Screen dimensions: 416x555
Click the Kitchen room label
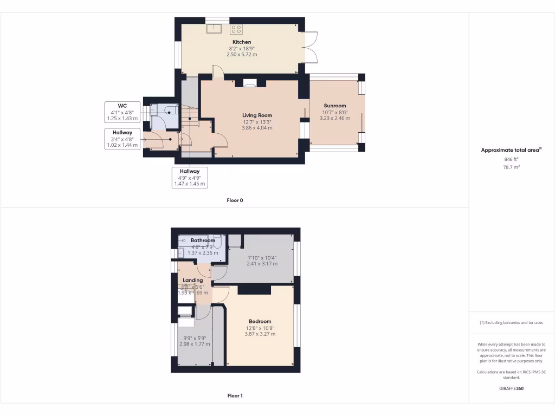[242, 42]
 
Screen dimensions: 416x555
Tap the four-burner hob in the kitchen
[236, 29]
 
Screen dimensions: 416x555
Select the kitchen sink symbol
[214, 29]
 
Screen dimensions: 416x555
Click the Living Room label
[257, 115]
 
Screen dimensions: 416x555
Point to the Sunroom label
[335, 106]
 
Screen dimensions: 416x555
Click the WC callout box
[122, 112]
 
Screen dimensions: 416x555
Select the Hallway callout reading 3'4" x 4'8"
[122, 139]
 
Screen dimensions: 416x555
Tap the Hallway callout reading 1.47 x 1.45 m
[190, 177]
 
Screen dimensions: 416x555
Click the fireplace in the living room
[250, 83]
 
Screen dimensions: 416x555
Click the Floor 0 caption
[235, 200]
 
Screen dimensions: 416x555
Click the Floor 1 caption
[235, 396]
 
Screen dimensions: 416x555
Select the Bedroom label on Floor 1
[260, 321]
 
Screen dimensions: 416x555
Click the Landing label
[193, 281]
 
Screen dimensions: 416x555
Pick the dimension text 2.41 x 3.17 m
[262, 264]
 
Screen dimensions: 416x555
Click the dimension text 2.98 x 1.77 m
[194, 344]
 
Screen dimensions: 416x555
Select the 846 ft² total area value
[511, 159]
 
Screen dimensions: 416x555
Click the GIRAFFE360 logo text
[511, 388]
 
